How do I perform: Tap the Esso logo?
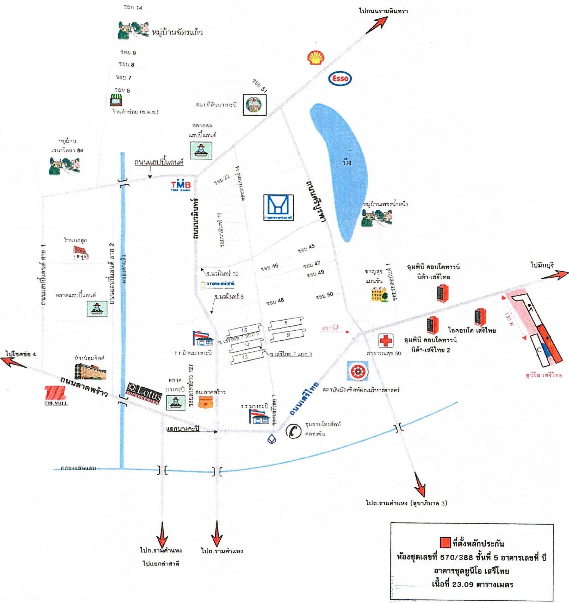click(x=340, y=79)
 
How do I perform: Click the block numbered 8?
click(x=286, y=323)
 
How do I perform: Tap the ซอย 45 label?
click(x=306, y=248)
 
